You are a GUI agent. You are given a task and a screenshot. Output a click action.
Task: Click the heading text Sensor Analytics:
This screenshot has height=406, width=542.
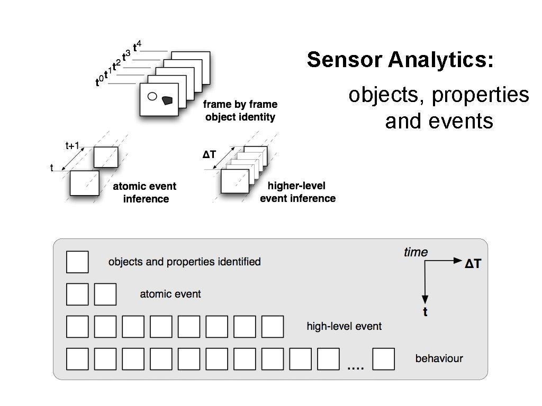tap(400, 60)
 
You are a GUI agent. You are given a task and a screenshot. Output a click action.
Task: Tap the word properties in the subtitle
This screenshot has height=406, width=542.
tap(480, 95)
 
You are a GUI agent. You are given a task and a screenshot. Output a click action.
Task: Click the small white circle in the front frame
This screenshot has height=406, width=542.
tap(152, 97)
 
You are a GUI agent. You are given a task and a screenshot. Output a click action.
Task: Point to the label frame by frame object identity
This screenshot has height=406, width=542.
tap(241, 110)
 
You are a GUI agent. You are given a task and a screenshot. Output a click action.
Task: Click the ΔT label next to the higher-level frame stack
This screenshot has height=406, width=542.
tap(210, 154)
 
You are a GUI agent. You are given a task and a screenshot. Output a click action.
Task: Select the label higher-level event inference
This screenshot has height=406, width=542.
tap(297, 192)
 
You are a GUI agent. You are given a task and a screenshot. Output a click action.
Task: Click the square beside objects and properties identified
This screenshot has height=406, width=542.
tap(77, 262)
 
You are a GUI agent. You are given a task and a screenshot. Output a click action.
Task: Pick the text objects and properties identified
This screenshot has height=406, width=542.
tap(184, 262)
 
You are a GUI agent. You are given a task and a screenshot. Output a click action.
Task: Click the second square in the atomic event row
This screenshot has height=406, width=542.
tap(105, 294)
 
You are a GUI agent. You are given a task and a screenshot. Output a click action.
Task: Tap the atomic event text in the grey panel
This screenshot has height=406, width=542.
tap(170, 294)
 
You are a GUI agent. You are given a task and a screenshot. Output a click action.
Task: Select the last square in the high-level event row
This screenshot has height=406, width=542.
tap(273, 327)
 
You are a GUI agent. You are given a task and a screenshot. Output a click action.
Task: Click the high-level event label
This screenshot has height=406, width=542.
tap(344, 326)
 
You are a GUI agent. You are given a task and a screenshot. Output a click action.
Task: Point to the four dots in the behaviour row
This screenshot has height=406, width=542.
tap(355, 367)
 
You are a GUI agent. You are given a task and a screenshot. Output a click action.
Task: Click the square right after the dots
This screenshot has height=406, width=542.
tap(384, 359)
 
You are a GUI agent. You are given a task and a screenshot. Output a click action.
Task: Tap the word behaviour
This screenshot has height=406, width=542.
tap(439, 358)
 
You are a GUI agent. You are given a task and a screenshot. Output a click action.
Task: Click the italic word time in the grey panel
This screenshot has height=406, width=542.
tap(415, 253)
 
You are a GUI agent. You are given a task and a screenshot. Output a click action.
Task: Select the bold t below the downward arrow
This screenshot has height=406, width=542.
tap(425, 312)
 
